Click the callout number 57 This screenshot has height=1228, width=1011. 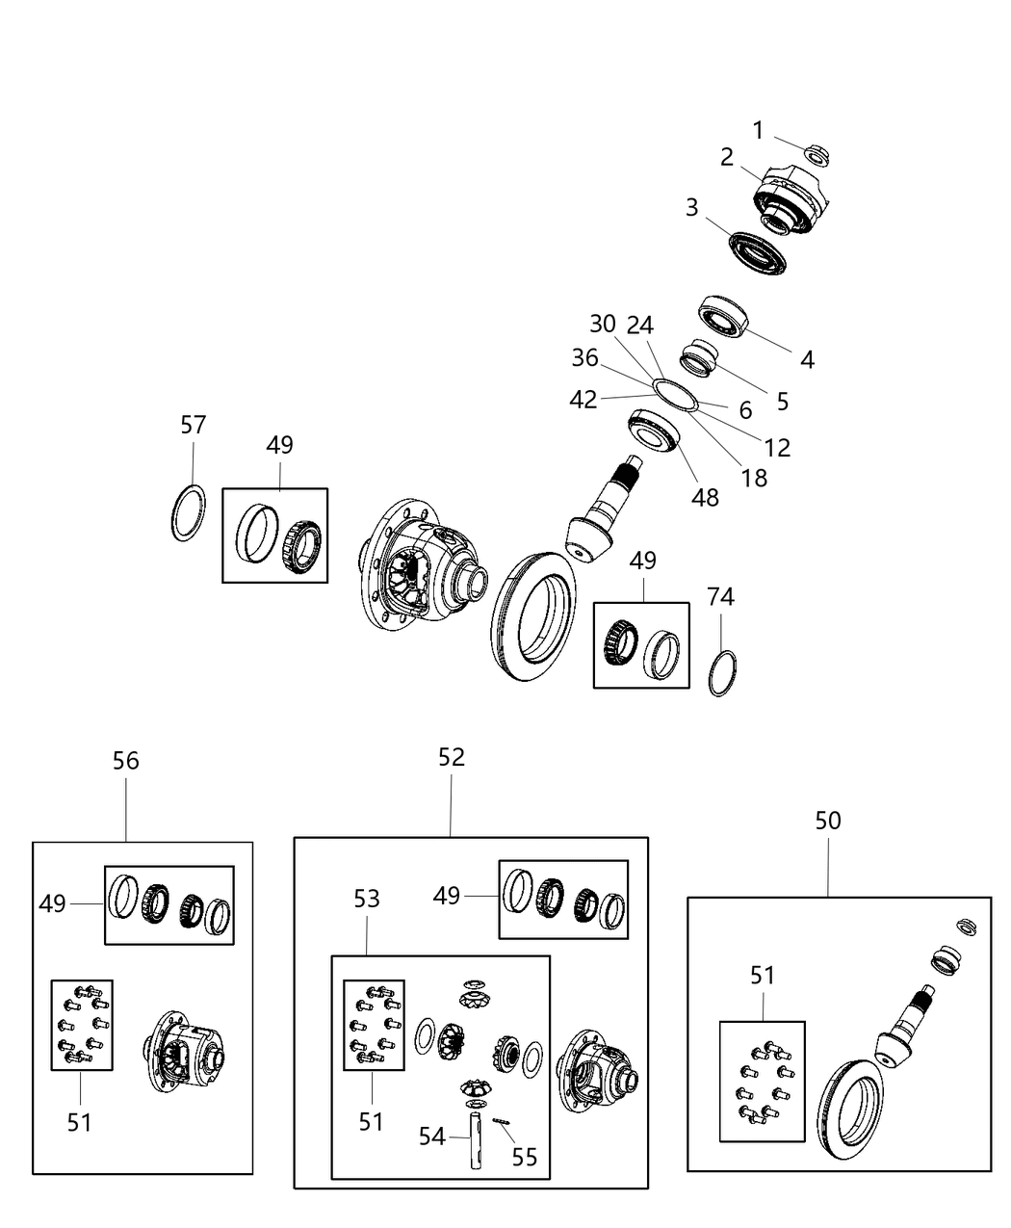tap(194, 425)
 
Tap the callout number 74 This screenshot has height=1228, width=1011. tap(720, 597)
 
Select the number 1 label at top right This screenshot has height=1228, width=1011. tap(758, 130)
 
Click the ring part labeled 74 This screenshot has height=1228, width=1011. tap(724, 673)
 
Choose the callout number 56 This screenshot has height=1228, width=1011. tap(125, 761)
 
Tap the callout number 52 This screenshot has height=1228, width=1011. tap(451, 758)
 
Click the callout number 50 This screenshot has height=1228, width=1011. tap(828, 821)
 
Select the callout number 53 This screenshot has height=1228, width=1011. tap(367, 899)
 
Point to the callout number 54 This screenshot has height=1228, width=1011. tap(432, 1137)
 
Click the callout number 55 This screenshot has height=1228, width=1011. tap(524, 1157)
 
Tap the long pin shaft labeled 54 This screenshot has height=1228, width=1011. tap(476, 1138)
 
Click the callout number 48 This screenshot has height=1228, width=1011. tap(705, 497)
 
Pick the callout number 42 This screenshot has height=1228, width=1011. tap(583, 400)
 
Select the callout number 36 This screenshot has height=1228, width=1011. tap(584, 358)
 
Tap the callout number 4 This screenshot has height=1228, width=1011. tap(807, 360)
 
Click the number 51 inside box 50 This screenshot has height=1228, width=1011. tap(762, 976)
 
